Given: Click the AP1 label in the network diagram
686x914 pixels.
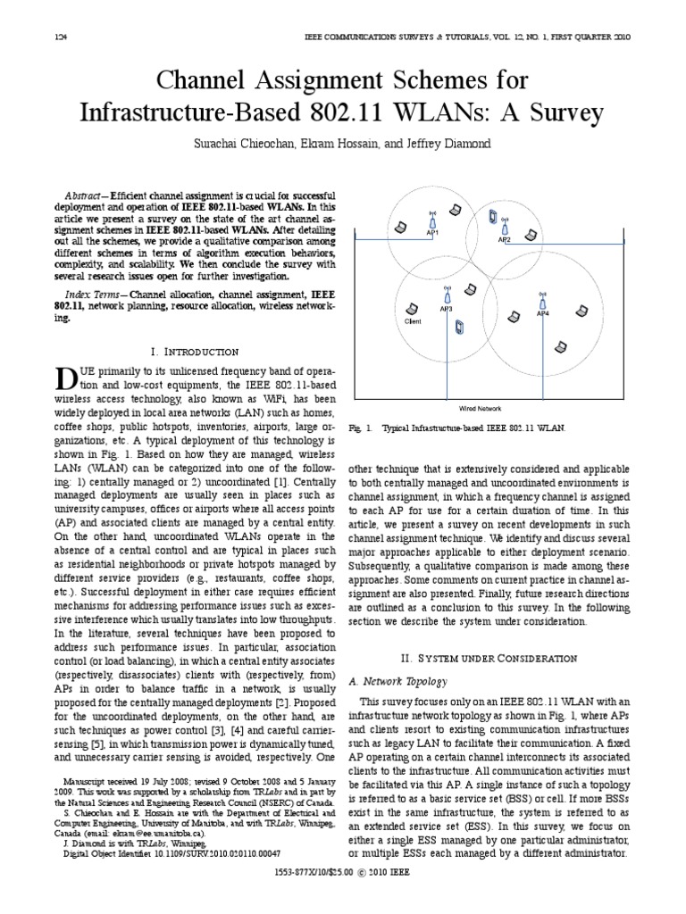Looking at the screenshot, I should coord(432,233).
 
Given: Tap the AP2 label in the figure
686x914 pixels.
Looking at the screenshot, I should coord(505,239).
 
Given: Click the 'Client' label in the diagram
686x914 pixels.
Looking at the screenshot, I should coord(413,320).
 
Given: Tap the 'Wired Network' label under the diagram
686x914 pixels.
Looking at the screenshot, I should coord(480,407).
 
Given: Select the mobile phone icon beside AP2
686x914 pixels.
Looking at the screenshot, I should coord(492,214).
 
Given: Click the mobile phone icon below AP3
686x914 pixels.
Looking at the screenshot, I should coord(459,328).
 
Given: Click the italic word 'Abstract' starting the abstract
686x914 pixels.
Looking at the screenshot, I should coord(87,195).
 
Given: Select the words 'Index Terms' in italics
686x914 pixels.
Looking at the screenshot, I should coord(94,293).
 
